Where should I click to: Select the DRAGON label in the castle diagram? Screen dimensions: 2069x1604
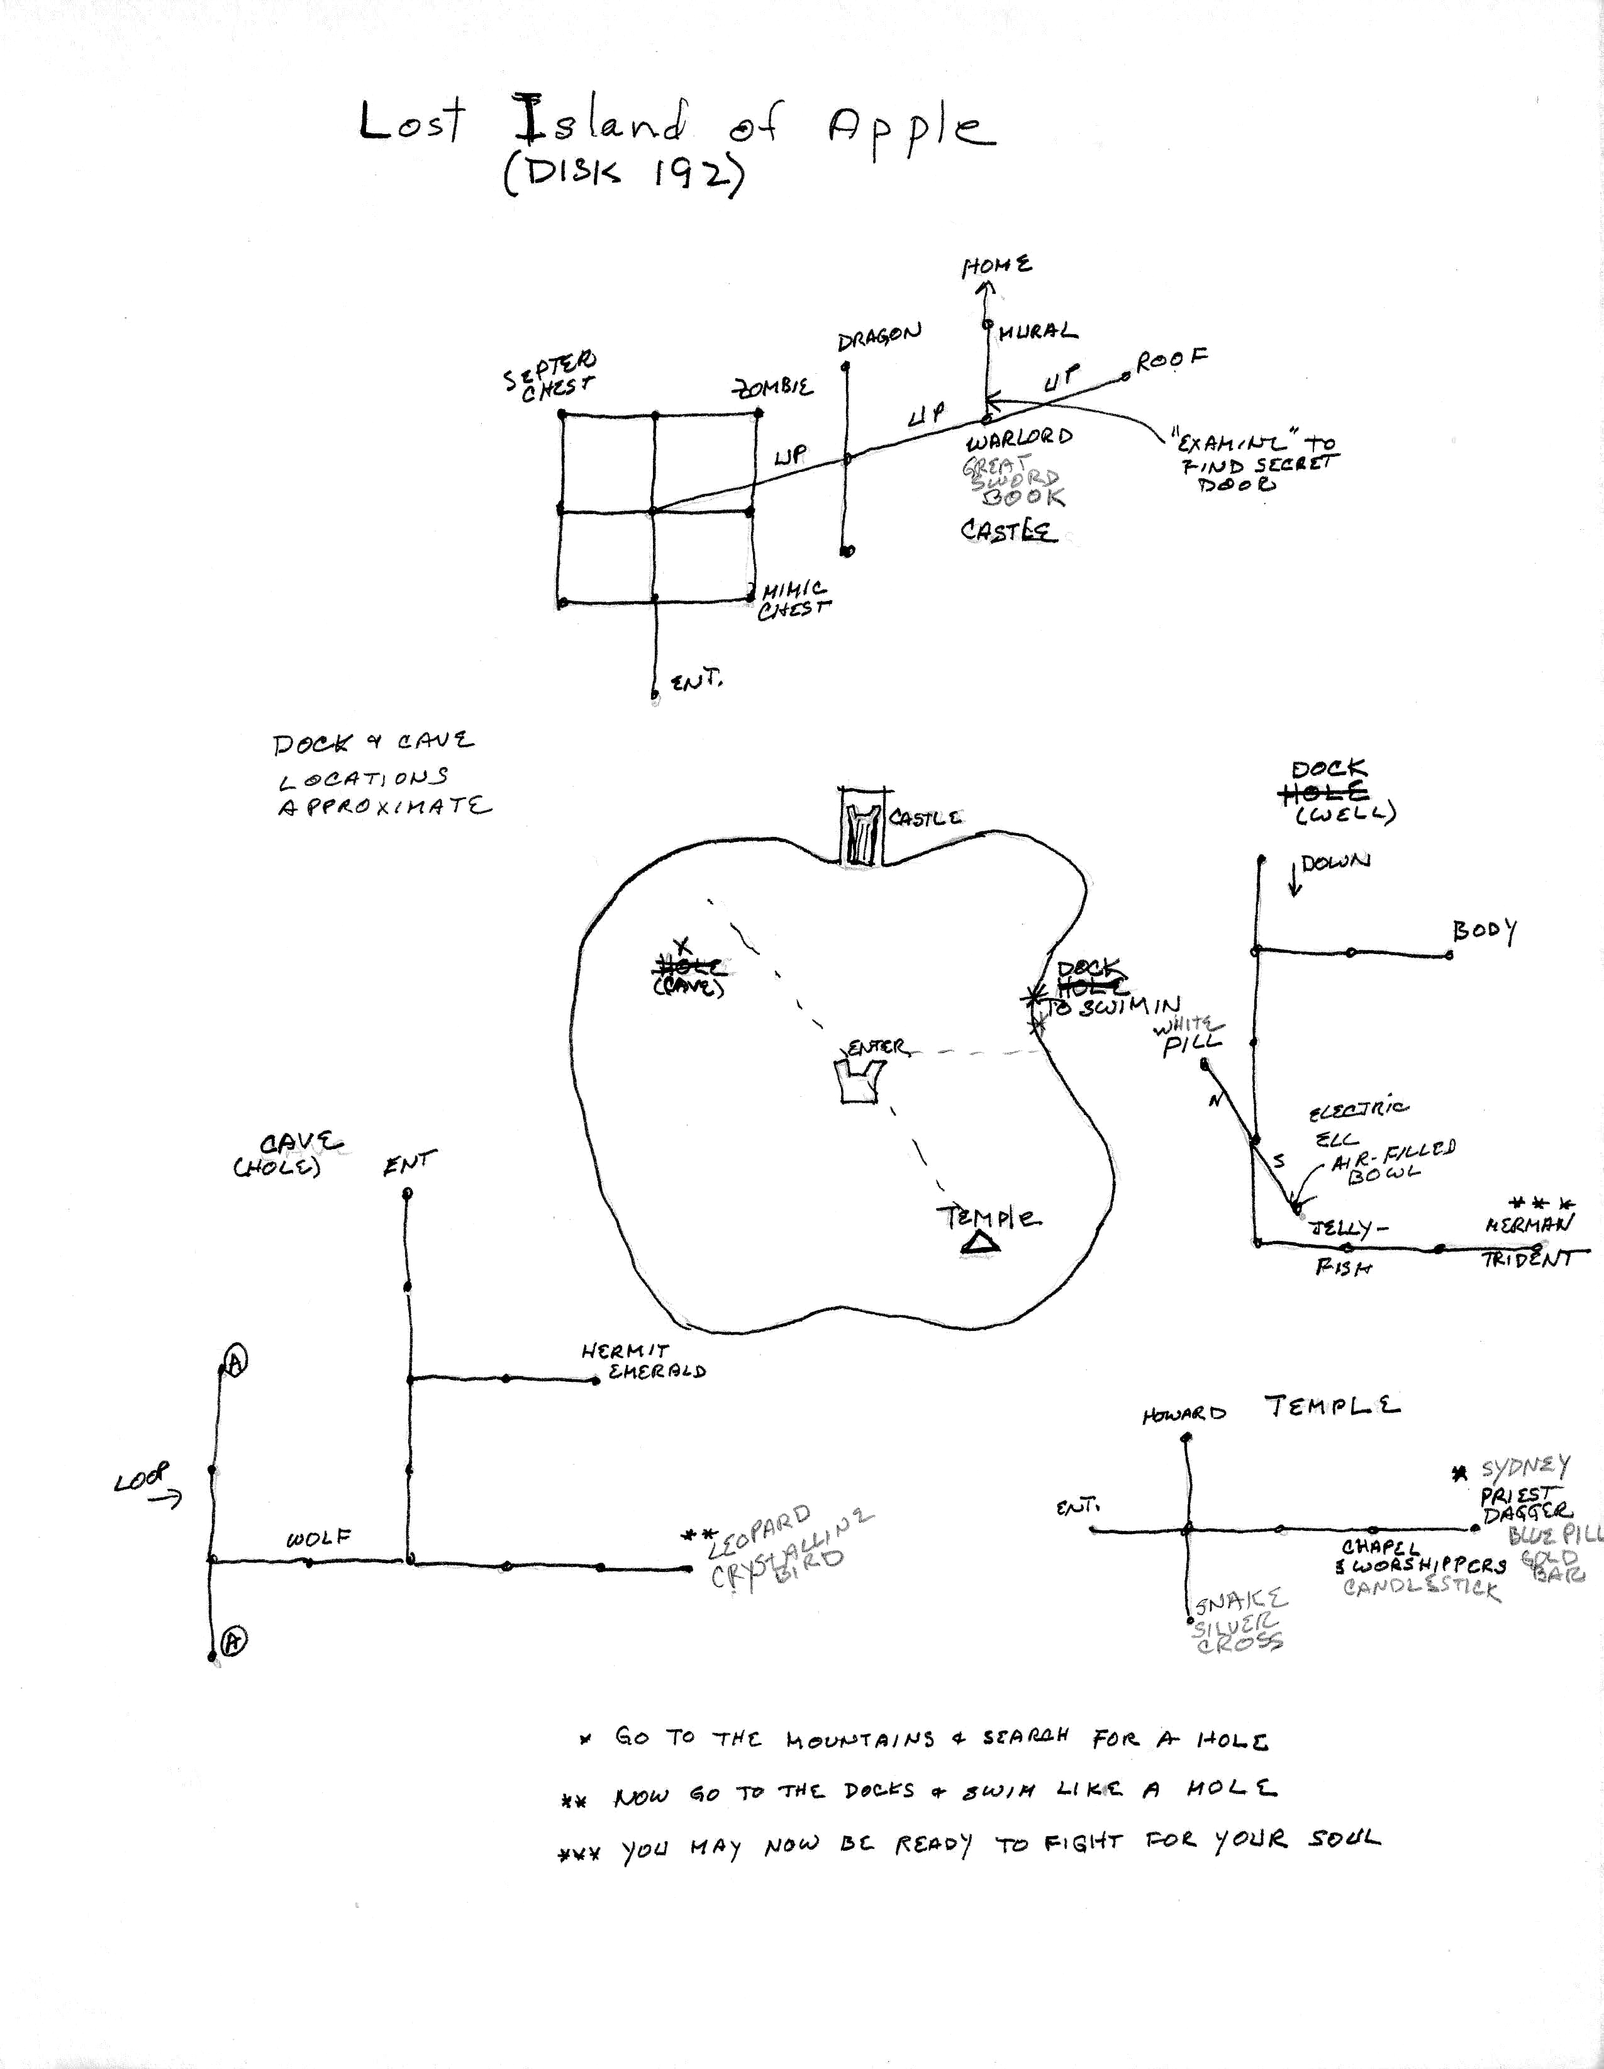(x=879, y=337)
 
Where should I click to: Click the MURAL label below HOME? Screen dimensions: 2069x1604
(x=1038, y=332)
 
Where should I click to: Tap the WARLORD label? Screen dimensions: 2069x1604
(x=1019, y=439)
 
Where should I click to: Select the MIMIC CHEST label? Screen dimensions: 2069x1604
(x=793, y=600)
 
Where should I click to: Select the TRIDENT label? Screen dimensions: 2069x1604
(x=1527, y=1259)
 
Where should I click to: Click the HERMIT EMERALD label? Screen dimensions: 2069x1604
(x=644, y=1360)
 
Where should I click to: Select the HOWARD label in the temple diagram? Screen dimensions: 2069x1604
(x=1184, y=1415)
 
